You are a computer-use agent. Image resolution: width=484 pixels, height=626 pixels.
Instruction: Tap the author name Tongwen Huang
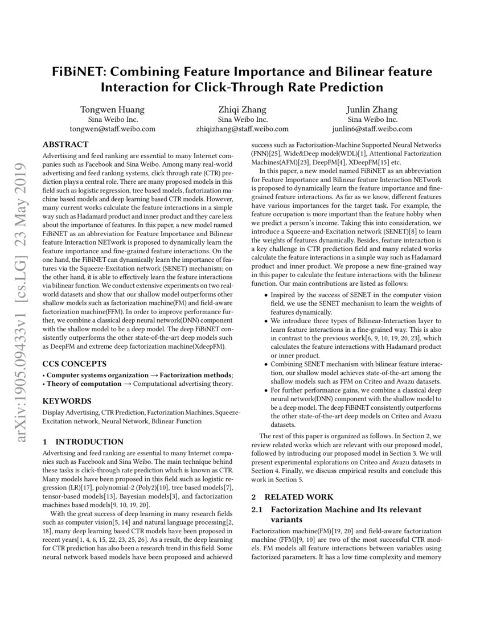(112, 110)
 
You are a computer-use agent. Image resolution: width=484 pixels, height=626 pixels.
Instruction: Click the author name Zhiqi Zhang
(242, 110)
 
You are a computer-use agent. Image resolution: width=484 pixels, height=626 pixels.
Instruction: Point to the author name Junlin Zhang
(372, 110)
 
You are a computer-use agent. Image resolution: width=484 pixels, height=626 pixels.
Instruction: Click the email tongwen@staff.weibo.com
(112, 129)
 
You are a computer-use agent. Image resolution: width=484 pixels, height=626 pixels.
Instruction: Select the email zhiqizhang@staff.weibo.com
(242, 129)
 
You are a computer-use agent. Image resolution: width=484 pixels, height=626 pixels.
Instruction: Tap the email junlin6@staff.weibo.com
(372, 129)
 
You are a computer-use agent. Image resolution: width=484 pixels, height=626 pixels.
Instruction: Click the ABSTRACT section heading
(65, 145)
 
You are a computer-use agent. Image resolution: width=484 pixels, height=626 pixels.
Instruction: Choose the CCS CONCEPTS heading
(74, 363)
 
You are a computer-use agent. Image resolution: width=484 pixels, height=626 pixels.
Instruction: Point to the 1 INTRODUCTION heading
(83, 442)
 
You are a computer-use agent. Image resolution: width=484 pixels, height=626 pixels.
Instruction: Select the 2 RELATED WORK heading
(292, 497)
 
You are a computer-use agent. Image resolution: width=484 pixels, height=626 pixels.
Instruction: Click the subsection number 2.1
(257, 509)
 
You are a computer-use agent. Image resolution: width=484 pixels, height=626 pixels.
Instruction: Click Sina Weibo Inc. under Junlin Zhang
(372, 120)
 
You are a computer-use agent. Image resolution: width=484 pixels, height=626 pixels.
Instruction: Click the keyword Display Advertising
(71, 411)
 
